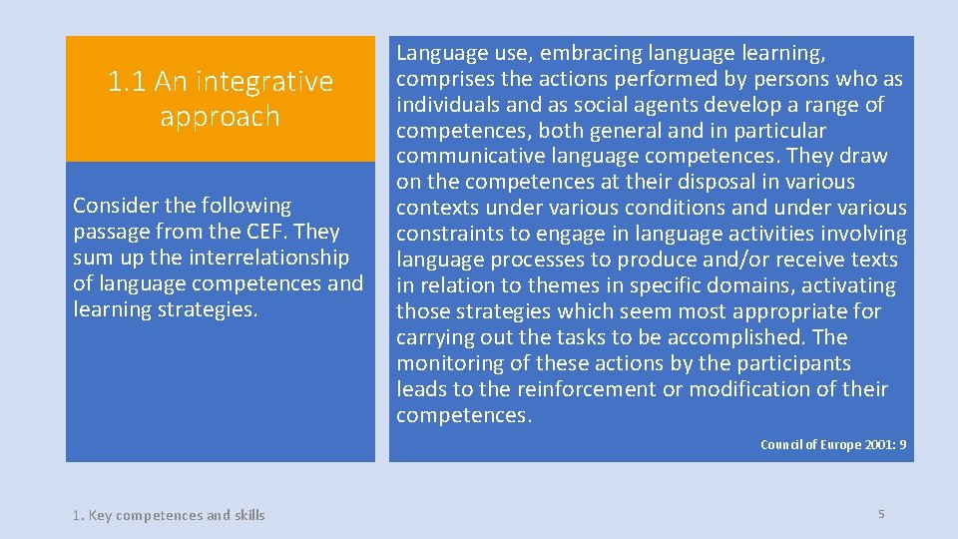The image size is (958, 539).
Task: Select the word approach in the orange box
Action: click(x=220, y=116)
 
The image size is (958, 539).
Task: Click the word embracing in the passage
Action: click(x=593, y=53)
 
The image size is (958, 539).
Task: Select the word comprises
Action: click(x=446, y=79)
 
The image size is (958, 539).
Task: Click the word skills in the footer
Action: click(x=249, y=515)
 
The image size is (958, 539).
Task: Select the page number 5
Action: click(x=881, y=514)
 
